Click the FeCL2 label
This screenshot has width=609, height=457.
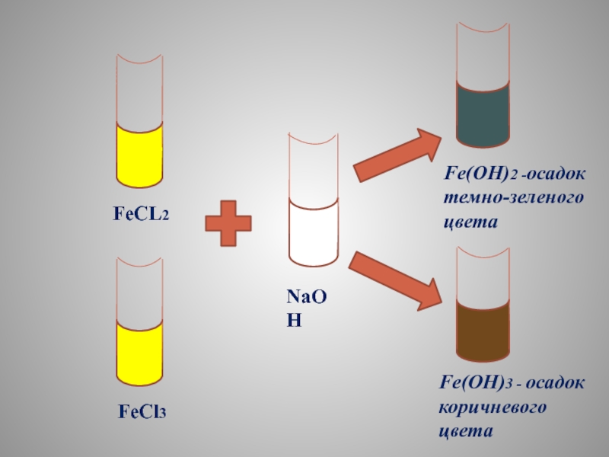pyautogui.click(x=141, y=216)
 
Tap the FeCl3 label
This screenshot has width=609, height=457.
pyautogui.click(x=142, y=413)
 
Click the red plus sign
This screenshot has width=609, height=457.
pyautogui.click(x=228, y=222)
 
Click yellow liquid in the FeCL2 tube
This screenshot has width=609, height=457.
pyautogui.click(x=139, y=156)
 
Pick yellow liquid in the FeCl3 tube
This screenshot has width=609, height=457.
pyautogui.click(x=139, y=354)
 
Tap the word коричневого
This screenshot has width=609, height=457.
pyautogui.click(x=495, y=408)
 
